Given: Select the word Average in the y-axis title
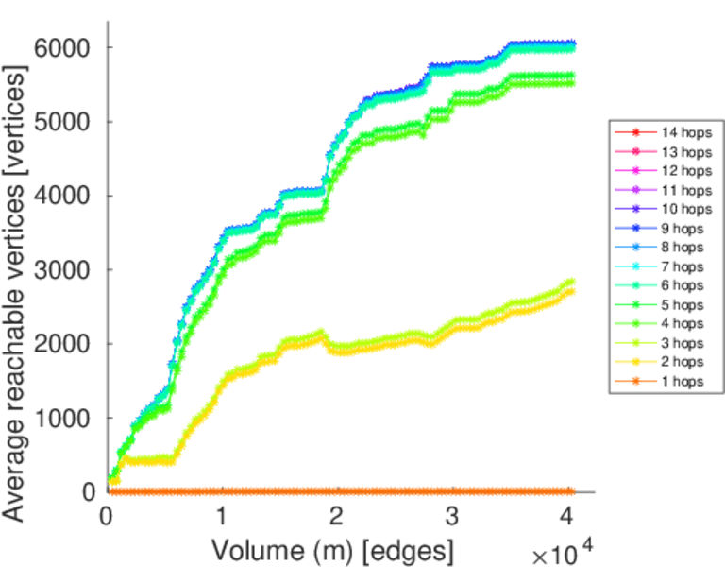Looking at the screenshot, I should tap(17, 472).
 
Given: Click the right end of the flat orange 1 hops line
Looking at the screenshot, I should tap(571, 491).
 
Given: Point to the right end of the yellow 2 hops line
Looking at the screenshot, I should tap(571, 291).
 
